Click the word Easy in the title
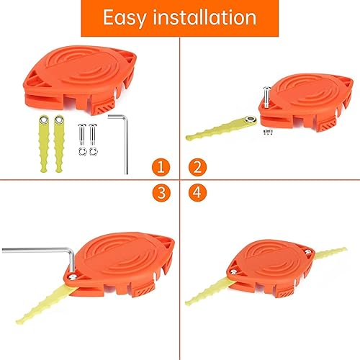(x=127, y=17)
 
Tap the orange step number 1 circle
(x=163, y=168)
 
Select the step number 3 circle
(x=163, y=193)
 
